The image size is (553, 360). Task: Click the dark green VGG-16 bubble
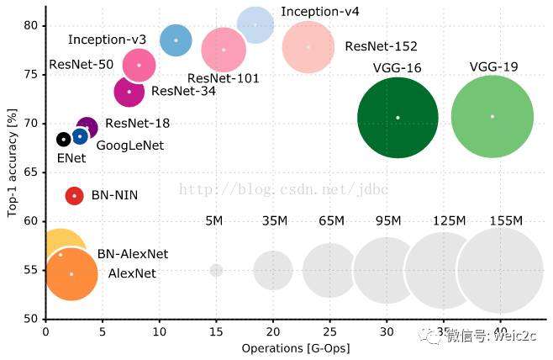(x=398, y=117)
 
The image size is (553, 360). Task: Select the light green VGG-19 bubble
(x=492, y=116)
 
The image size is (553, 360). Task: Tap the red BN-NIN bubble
(x=74, y=195)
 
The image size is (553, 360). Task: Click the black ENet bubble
(x=63, y=139)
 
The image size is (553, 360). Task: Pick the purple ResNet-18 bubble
(x=87, y=127)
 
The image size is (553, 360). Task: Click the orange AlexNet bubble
(x=71, y=274)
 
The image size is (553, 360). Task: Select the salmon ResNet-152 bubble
(x=308, y=47)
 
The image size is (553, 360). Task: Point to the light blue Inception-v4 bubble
(x=255, y=25)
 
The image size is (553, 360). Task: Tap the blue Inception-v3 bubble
(x=176, y=40)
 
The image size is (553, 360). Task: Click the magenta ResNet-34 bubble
(x=129, y=91)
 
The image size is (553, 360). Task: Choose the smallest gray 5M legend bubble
(x=216, y=270)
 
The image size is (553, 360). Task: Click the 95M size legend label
(x=387, y=221)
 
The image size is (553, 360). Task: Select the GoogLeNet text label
(x=130, y=146)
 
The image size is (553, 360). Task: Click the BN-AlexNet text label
(x=133, y=253)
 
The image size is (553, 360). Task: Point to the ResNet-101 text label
(x=224, y=78)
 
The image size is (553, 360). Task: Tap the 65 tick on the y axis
(x=31, y=172)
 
